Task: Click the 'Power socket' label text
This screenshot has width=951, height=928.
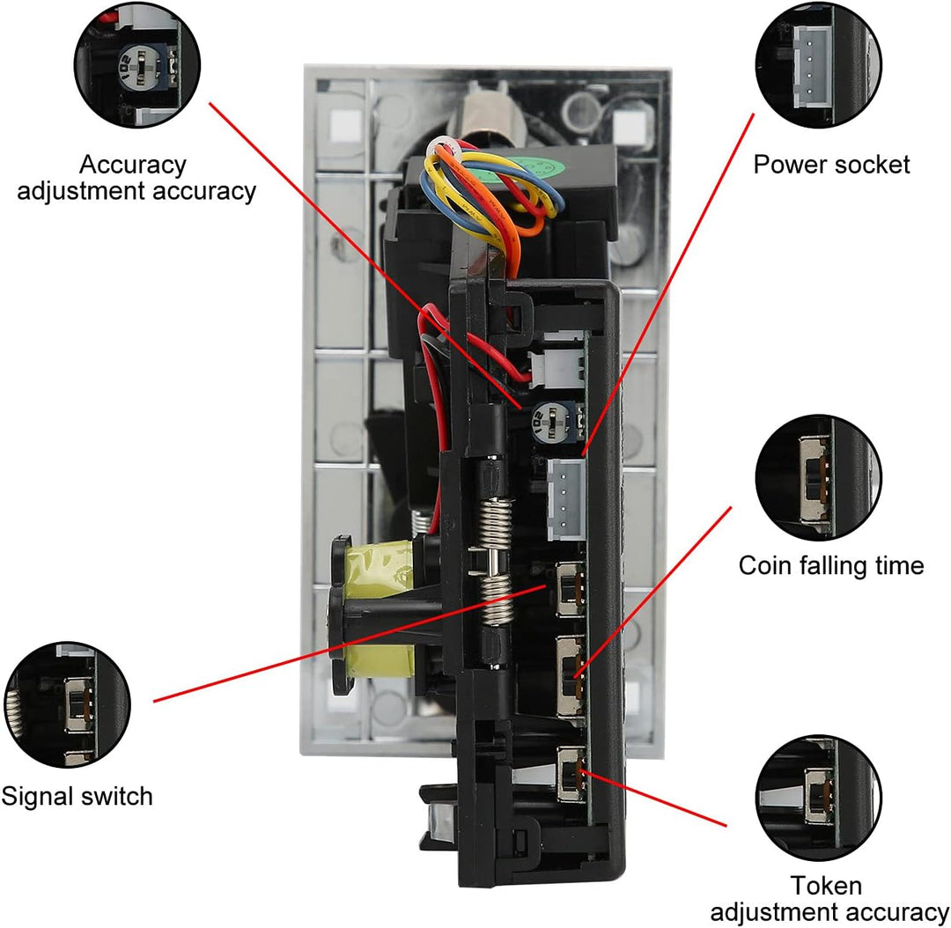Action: pyautogui.click(x=831, y=165)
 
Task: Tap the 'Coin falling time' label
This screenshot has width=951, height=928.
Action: pyautogui.click(x=831, y=565)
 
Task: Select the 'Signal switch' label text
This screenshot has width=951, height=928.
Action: pyautogui.click(x=77, y=797)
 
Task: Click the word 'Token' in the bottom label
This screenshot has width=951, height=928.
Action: pyautogui.click(x=826, y=886)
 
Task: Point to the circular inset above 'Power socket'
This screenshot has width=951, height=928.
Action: pyautogui.click(x=819, y=65)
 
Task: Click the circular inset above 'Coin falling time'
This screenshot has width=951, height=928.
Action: pyautogui.click(x=819, y=477)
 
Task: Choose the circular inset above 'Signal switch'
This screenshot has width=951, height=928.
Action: pyautogui.click(x=67, y=704)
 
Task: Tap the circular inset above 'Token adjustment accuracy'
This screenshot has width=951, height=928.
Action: pyautogui.click(x=819, y=799)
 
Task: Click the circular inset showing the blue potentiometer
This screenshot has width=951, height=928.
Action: pyautogui.click(x=137, y=65)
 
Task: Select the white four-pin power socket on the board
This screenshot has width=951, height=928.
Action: pyautogui.click(x=565, y=499)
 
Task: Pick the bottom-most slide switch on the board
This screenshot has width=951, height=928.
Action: pyautogui.click(x=571, y=775)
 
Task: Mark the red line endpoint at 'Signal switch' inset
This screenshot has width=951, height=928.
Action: pyautogui.click(x=154, y=702)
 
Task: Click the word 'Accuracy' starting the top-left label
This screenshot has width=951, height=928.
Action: pyautogui.click(x=132, y=165)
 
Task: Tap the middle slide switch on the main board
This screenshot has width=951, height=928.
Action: pyautogui.click(x=570, y=675)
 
